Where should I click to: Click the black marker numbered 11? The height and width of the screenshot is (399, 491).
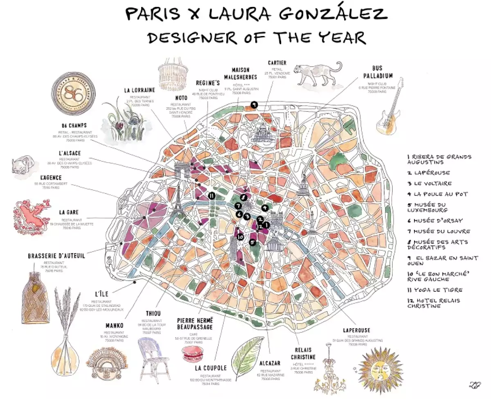(x=212, y=195)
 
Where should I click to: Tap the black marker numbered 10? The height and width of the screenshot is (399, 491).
(x=240, y=237)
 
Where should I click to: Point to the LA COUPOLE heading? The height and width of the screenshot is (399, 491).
(x=211, y=368)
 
